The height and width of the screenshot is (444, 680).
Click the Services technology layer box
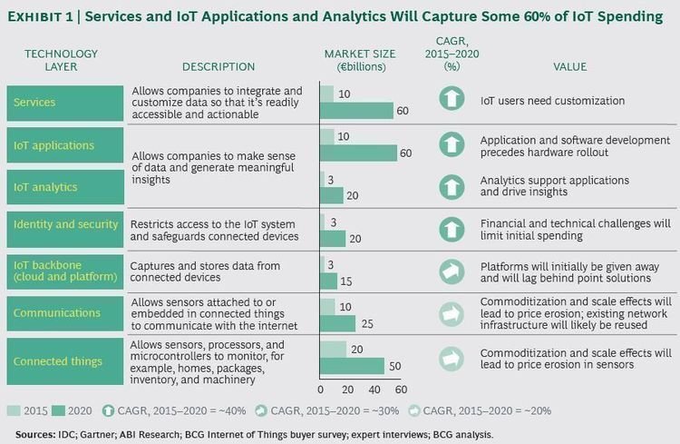pyautogui.click(x=64, y=103)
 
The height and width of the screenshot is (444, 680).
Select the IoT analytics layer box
pyautogui.click(x=64, y=187)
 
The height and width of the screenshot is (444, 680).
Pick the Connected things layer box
pyautogui.click(x=64, y=360)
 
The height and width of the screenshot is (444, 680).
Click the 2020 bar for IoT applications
pyautogui.click(x=358, y=153)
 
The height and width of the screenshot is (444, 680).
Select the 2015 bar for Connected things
pyautogui.click(x=333, y=349)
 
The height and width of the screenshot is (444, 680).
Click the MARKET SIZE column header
pyautogui.click(x=359, y=61)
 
